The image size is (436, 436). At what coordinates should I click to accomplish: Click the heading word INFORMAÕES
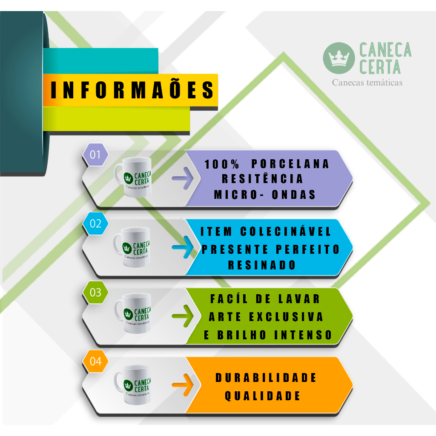point(132,90)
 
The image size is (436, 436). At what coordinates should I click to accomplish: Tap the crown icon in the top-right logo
point(339,58)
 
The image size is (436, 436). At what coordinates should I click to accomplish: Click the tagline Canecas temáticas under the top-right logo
point(367,83)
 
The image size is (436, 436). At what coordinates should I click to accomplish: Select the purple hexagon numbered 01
point(95,154)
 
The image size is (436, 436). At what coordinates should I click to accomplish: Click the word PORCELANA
point(290,164)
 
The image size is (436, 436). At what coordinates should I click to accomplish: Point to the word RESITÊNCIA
point(262,179)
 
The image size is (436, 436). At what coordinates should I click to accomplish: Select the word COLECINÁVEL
point(286,232)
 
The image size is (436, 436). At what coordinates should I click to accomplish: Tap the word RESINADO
point(262,265)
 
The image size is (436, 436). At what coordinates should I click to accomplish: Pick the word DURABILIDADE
point(266,378)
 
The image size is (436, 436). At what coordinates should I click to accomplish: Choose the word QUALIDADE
point(263,396)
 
